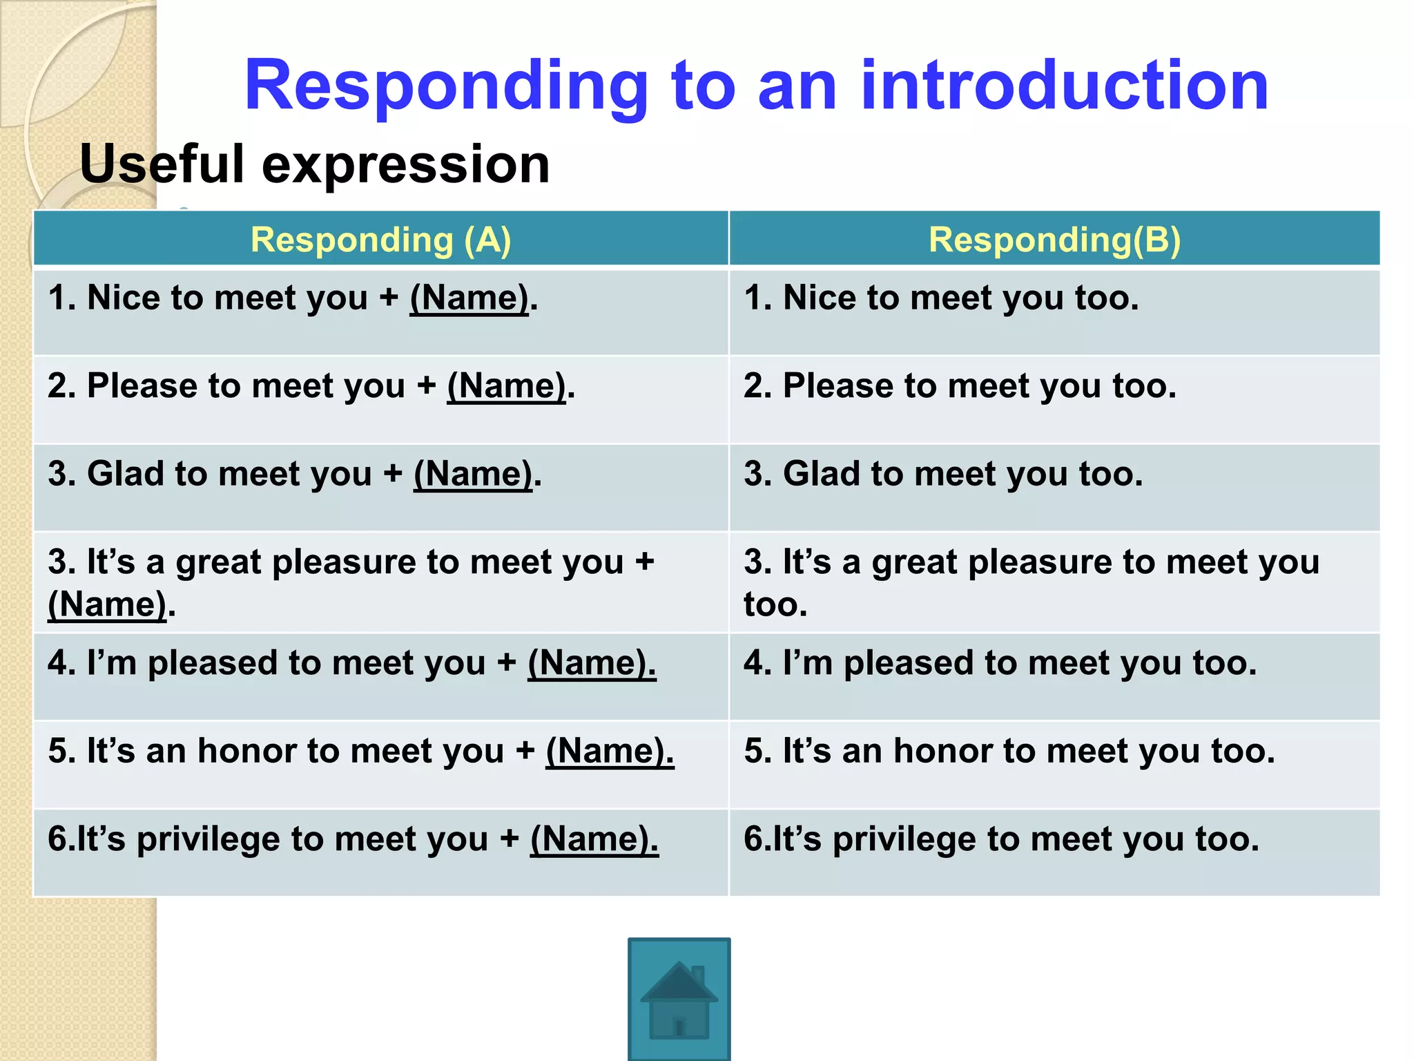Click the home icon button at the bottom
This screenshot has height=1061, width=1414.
(x=679, y=999)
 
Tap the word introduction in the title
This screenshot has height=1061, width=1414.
(x=1064, y=86)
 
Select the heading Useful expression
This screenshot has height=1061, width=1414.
(x=315, y=164)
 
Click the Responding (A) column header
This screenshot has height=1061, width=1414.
(x=380, y=240)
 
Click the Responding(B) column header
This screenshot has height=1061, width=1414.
(x=1054, y=240)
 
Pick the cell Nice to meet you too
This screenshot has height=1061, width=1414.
(x=941, y=298)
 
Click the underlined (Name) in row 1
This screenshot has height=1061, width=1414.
(x=469, y=298)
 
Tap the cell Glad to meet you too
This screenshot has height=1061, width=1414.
(x=943, y=475)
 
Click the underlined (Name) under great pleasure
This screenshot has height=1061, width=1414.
(x=108, y=604)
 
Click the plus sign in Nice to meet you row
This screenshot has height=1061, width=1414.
(x=389, y=298)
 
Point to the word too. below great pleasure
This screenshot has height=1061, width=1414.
(x=775, y=604)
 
